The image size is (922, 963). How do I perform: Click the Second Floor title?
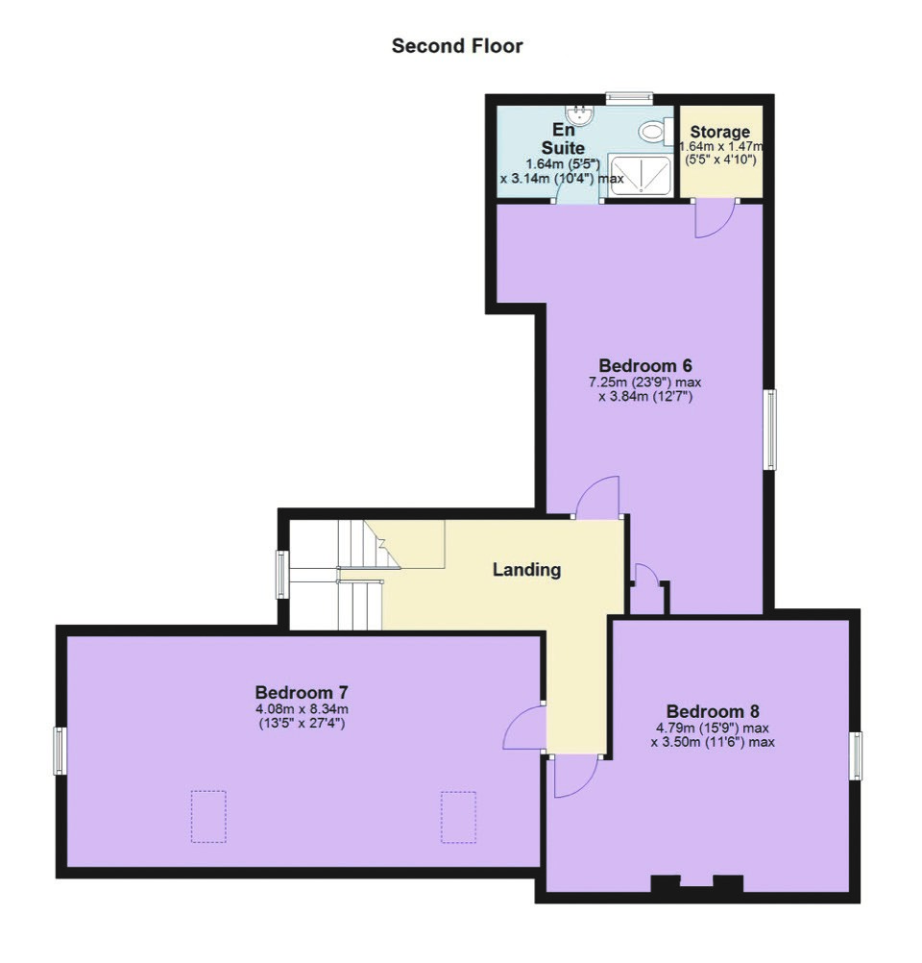pyautogui.click(x=457, y=46)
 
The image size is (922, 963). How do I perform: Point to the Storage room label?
pyautogui.click(x=720, y=132)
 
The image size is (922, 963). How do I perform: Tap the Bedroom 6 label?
pyautogui.click(x=645, y=365)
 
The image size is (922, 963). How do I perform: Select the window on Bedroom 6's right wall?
pyautogui.click(x=769, y=430)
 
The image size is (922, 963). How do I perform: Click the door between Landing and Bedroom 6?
pyautogui.click(x=598, y=498)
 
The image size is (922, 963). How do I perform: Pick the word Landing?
pyautogui.click(x=526, y=570)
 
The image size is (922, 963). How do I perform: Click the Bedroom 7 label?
pyautogui.click(x=302, y=693)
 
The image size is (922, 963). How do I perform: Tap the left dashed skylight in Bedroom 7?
pyautogui.click(x=208, y=816)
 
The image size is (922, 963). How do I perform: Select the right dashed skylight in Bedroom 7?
pyautogui.click(x=458, y=817)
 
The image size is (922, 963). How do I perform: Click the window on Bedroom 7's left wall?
pyautogui.click(x=60, y=751)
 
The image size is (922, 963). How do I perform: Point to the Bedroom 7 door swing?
pyautogui.click(x=523, y=728)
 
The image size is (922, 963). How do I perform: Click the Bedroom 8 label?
pyautogui.click(x=713, y=712)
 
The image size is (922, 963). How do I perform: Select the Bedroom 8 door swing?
pyautogui.click(x=575, y=777)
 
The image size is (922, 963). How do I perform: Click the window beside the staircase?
pyautogui.click(x=281, y=574)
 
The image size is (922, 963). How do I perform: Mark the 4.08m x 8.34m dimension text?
pyautogui.click(x=302, y=709)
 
